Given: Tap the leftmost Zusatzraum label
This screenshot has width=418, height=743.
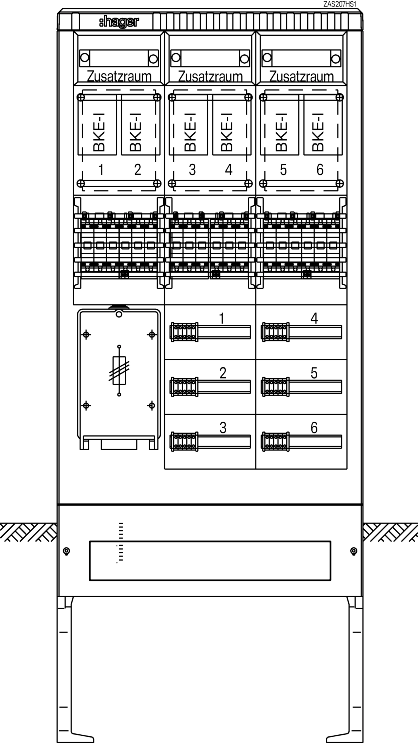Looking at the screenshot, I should point(119,76).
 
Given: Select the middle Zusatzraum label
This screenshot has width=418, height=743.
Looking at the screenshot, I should point(210,76).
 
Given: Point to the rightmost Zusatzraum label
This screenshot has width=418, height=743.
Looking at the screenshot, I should point(301,76).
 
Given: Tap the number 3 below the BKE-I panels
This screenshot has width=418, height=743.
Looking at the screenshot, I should point(192,170).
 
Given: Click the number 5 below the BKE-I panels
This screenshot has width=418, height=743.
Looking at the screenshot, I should point(283,170).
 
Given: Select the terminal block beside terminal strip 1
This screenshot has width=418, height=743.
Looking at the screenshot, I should point(184,332).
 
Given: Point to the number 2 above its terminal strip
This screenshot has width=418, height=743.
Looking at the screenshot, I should point(223,373).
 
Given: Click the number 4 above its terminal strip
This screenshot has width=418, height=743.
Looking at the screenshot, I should point(314,319).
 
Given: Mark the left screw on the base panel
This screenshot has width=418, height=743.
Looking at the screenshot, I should point(67,551).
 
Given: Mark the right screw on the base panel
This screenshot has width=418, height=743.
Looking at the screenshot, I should point(353,551).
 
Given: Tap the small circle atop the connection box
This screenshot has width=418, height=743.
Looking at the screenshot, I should point(119,314).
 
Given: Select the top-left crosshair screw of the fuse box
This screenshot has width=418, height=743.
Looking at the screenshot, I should point(86,334).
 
